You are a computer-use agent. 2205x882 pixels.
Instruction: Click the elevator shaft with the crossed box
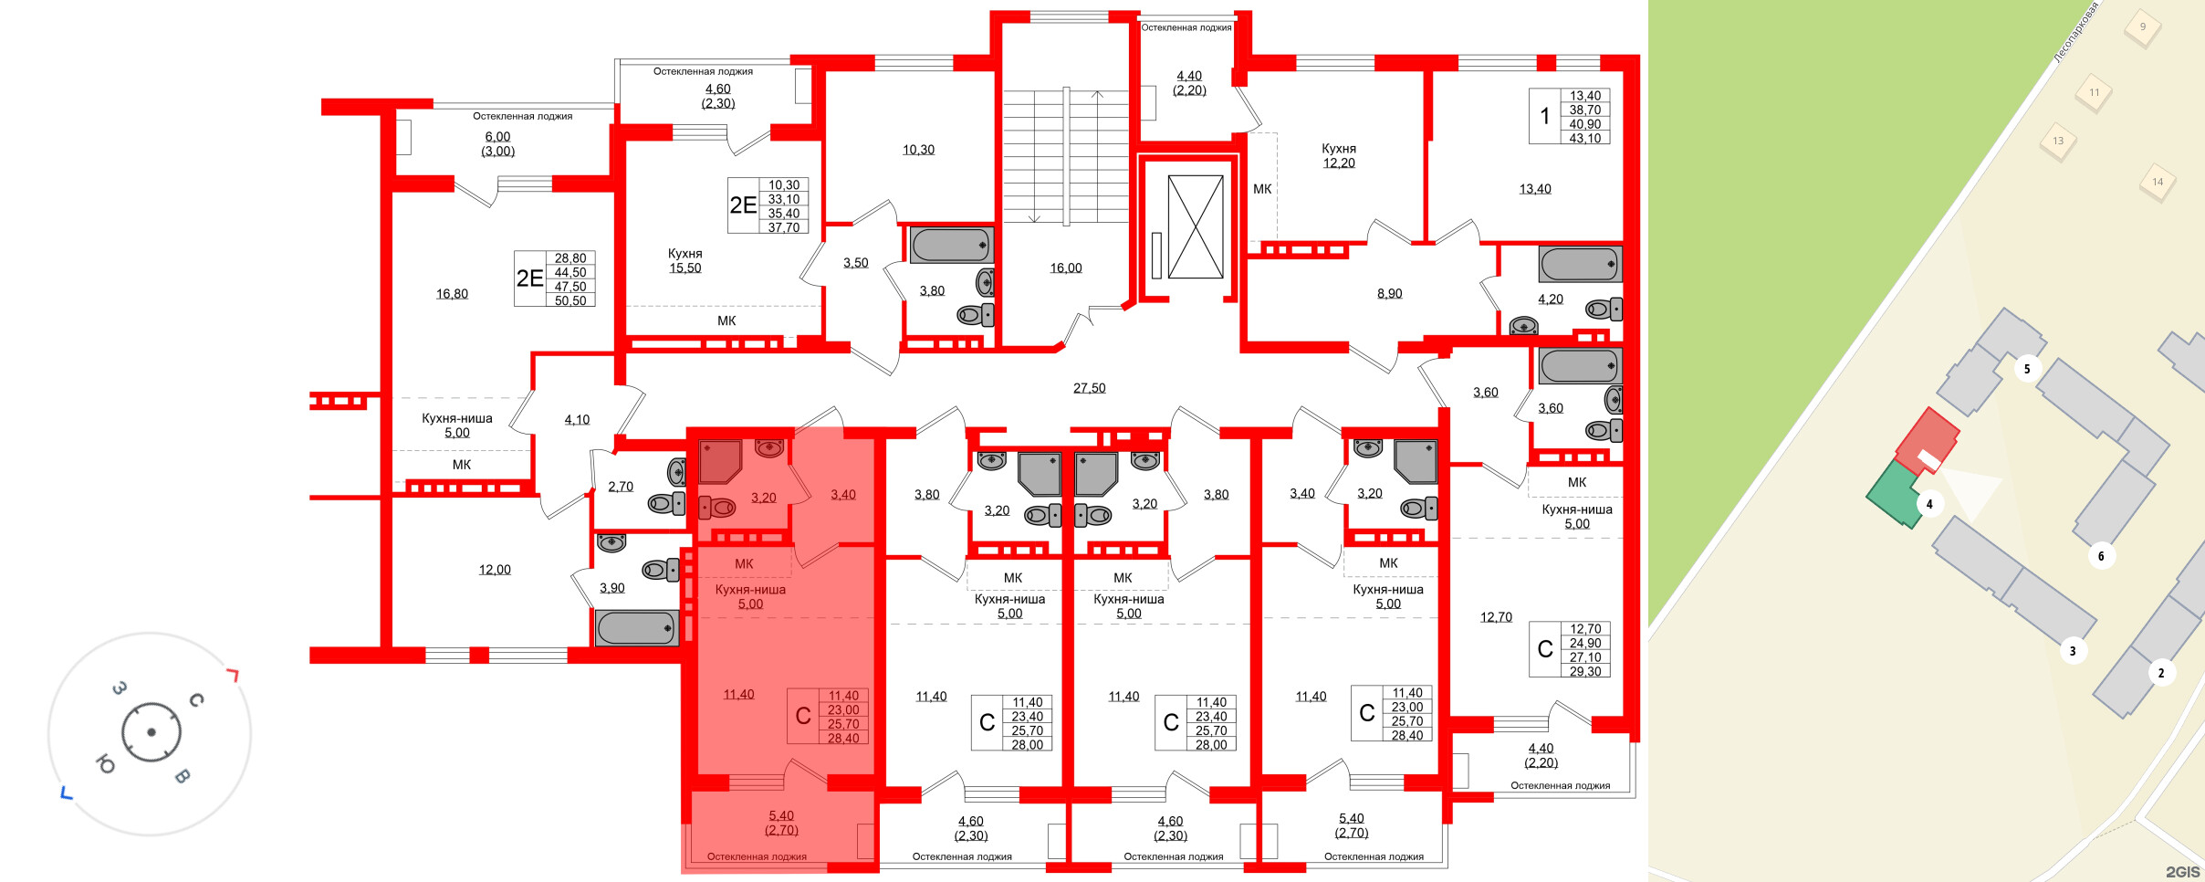point(1195,227)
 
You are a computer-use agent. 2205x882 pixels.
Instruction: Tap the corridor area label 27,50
point(1089,388)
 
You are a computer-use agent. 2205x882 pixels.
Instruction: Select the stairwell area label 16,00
point(1065,268)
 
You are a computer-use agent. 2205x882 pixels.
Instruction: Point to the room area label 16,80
point(452,294)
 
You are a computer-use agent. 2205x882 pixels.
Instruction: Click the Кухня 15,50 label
point(684,261)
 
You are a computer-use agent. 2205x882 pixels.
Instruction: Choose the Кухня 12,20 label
point(1339,156)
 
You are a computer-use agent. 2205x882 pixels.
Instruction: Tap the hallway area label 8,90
point(1389,294)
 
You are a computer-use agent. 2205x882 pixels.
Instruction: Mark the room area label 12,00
point(495,570)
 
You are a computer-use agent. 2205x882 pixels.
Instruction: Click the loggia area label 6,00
point(497,137)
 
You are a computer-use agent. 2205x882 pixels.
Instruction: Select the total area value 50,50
point(570,300)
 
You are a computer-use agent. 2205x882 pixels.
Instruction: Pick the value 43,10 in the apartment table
point(1584,139)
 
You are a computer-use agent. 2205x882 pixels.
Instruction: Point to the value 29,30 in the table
point(1584,671)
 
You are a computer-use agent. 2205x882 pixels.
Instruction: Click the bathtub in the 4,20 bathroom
point(1579,265)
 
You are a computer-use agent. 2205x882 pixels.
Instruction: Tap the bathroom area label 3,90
point(611,588)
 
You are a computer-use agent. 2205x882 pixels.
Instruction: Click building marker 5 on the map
point(2027,369)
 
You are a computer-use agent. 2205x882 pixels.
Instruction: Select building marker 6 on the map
point(2101,556)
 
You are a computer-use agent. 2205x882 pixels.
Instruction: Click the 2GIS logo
point(2182,872)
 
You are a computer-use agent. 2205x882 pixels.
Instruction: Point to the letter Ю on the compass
point(105,764)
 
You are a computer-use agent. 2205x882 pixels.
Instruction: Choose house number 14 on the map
point(2158,182)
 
